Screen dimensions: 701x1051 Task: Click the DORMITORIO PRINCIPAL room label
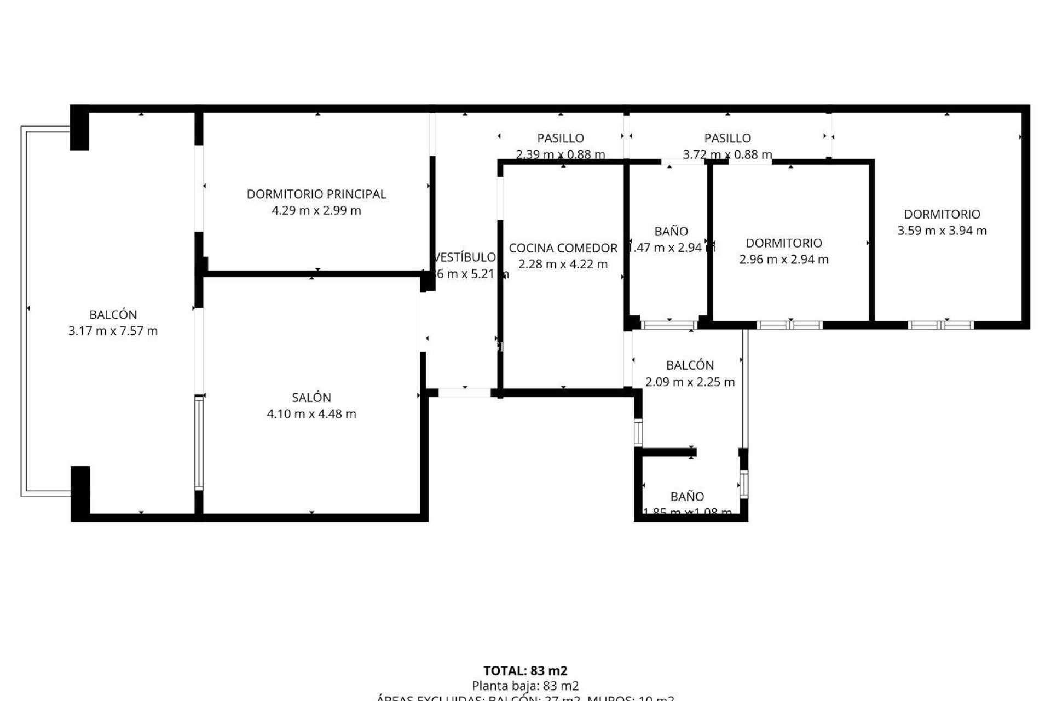[x=316, y=194]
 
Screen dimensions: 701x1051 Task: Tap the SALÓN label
[x=311, y=398]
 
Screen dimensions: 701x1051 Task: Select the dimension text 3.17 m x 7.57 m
[x=113, y=331]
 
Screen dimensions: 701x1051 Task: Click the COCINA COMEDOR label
[x=563, y=248]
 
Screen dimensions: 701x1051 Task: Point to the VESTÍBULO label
[x=465, y=257]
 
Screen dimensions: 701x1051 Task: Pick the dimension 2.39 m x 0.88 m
[x=560, y=154]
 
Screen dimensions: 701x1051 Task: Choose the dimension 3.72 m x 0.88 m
[x=727, y=154]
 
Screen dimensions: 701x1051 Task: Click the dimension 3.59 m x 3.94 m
[x=942, y=231]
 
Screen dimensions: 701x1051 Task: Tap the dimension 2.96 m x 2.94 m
[x=784, y=260]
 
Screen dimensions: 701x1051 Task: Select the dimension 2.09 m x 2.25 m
[x=690, y=382]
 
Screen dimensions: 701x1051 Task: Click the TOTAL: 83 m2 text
[x=525, y=671]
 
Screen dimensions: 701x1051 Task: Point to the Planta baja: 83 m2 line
[x=525, y=686]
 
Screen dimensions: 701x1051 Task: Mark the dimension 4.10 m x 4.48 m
[x=311, y=414]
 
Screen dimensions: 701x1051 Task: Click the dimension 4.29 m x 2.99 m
[x=316, y=210]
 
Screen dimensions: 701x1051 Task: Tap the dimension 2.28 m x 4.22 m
[x=563, y=265]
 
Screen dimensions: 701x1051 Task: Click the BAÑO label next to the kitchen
[x=671, y=231]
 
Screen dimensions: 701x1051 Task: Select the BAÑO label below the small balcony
[x=687, y=497]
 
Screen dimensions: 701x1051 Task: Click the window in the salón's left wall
[x=199, y=443]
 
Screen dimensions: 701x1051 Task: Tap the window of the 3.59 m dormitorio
[x=940, y=325]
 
